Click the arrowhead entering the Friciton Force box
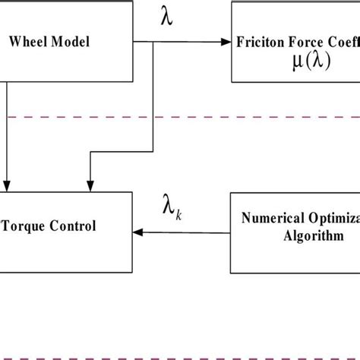[226, 43]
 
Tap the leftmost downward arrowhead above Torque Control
[8, 185]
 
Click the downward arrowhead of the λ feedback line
[90, 185]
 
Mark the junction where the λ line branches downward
[155, 43]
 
